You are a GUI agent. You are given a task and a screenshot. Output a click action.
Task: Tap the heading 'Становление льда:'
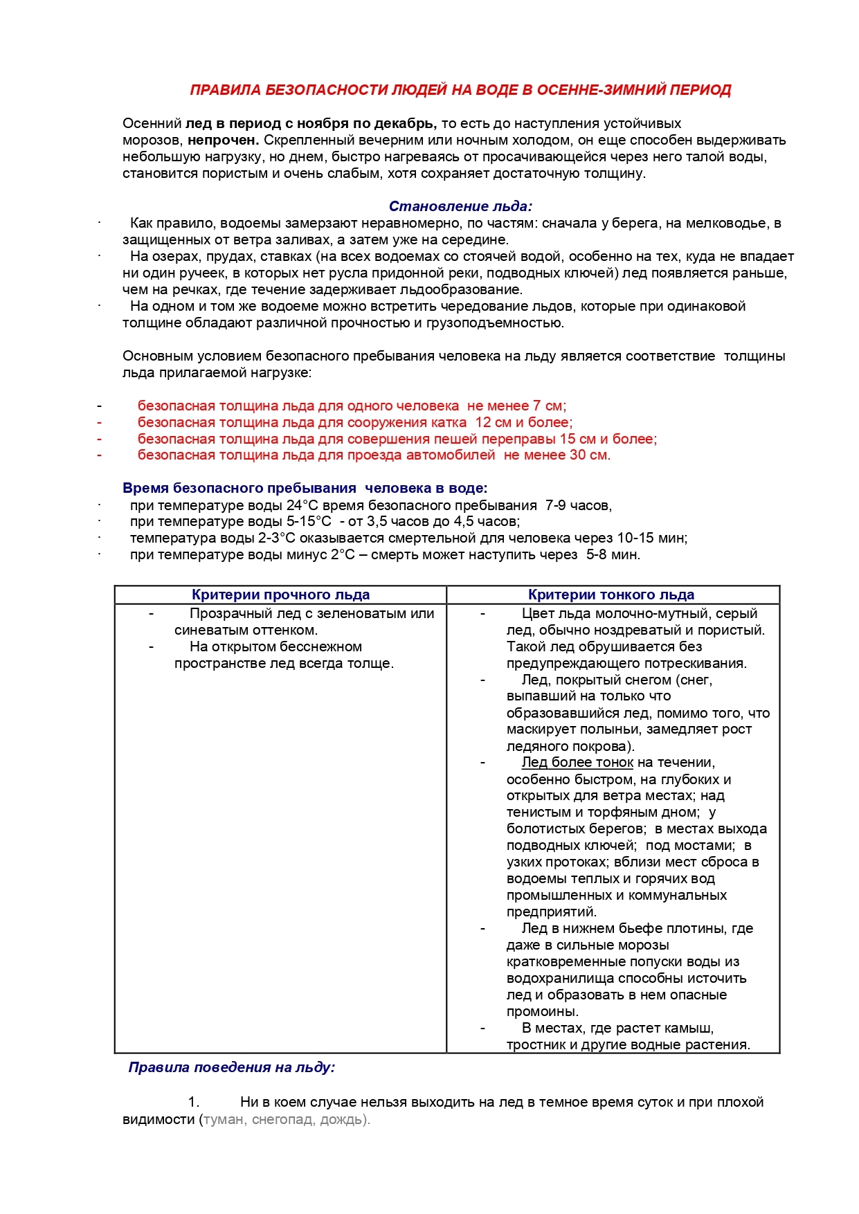(x=460, y=206)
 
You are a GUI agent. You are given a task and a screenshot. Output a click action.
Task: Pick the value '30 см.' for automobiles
(x=590, y=455)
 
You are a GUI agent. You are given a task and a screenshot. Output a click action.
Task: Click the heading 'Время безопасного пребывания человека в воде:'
(x=305, y=489)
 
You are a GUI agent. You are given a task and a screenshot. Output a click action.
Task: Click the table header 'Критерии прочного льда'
(x=280, y=595)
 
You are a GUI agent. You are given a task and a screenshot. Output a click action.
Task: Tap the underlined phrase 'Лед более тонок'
(x=577, y=763)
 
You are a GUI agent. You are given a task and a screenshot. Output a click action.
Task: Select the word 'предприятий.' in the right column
(x=551, y=912)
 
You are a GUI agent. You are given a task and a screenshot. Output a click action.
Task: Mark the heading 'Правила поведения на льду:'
(x=231, y=1067)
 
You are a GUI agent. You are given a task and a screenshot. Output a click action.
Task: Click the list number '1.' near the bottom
(x=194, y=1103)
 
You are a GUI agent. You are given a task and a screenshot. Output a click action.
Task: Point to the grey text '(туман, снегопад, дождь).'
(x=284, y=1120)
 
